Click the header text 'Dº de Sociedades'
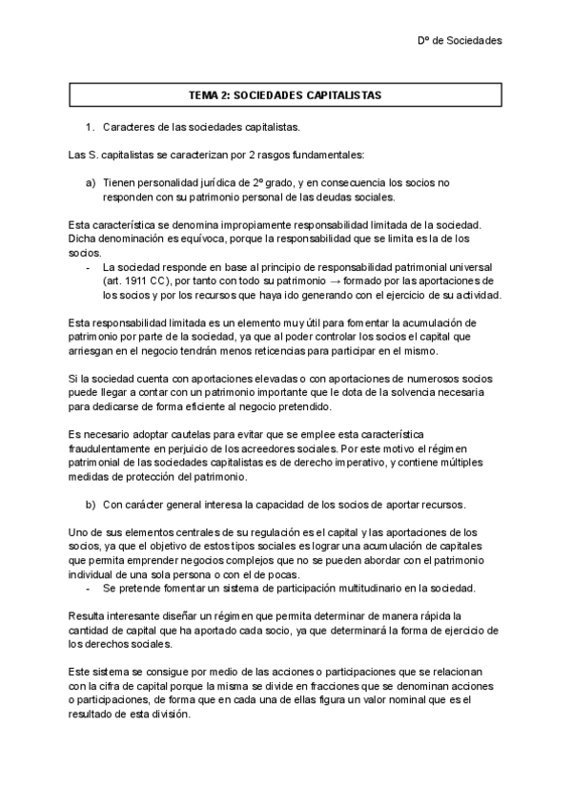coord(460,40)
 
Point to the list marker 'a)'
coord(91,181)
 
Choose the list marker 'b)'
coord(91,504)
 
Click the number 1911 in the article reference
coord(132,281)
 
